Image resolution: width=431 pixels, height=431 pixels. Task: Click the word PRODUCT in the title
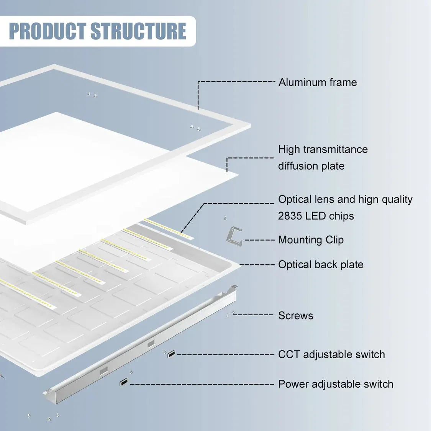point(48,31)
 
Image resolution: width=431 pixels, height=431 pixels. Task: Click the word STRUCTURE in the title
point(138,31)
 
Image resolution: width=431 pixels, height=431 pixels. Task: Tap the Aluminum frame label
point(318,82)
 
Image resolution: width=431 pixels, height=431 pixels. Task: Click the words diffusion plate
point(311,166)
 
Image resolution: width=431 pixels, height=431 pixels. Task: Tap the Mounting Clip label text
point(311,240)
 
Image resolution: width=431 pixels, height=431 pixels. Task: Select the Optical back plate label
point(321,265)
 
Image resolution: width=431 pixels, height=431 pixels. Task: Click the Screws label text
point(295,316)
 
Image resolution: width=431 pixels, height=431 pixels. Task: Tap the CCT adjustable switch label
point(331,354)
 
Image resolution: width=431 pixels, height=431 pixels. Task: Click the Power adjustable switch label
point(336,384)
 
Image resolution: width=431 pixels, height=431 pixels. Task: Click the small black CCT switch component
point(171,354)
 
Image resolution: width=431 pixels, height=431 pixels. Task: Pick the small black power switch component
point(123,382)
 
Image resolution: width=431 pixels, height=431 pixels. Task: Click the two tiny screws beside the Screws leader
point(230,314)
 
